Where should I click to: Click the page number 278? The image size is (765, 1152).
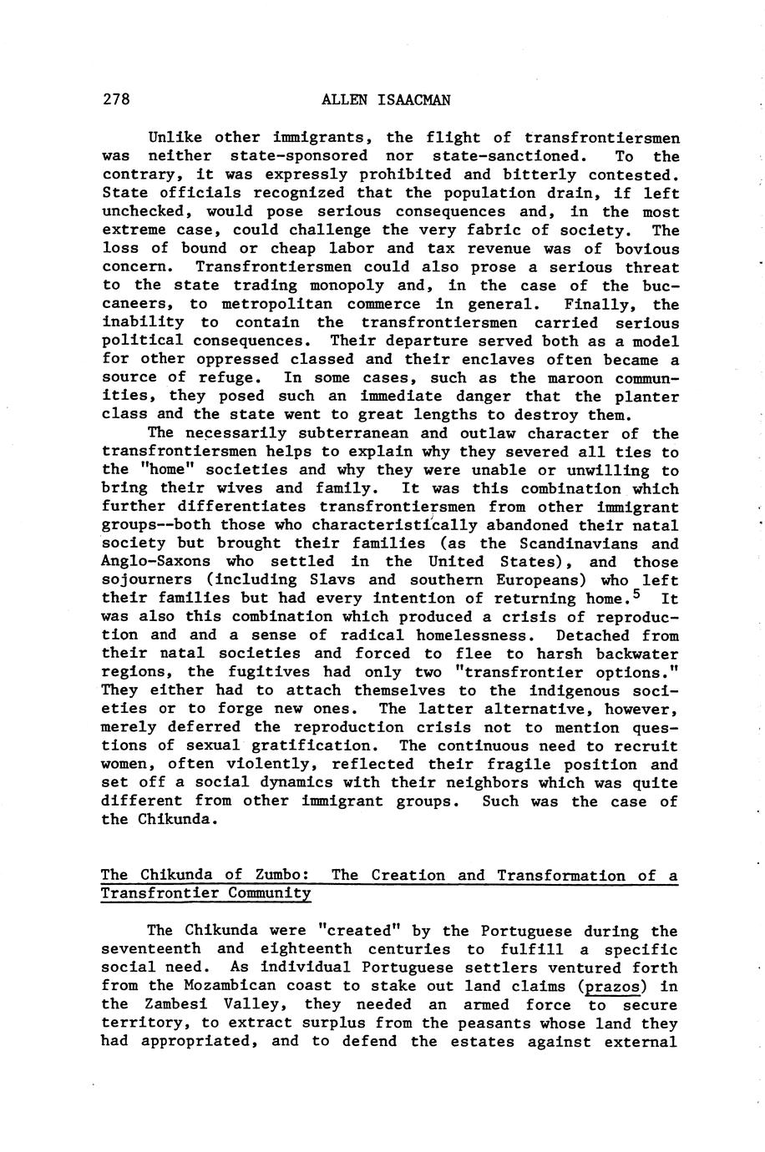[x=116, y=101]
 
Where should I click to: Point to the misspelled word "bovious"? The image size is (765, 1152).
[x=647, y=250]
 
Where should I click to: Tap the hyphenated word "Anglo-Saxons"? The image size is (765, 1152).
[x=156, y=563]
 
